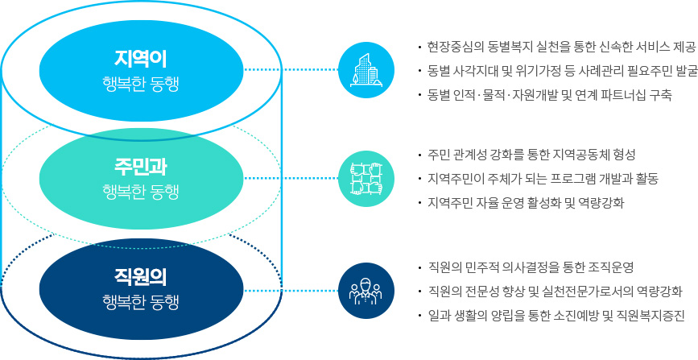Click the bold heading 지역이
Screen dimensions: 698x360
click(141, 57)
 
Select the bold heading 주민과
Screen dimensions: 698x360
click(141, 167)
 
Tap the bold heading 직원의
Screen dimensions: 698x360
click(141, 277)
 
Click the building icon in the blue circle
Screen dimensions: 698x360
click(366, 70)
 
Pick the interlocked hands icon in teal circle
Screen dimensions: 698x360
click(366, 178)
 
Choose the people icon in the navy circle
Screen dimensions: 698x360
click(366, 291)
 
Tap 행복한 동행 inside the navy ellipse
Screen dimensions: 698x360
click(141, 303)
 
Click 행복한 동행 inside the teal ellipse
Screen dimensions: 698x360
click(141, 193)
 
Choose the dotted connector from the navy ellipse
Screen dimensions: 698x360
click(291, 291)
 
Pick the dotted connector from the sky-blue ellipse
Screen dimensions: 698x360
click(291, 69)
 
